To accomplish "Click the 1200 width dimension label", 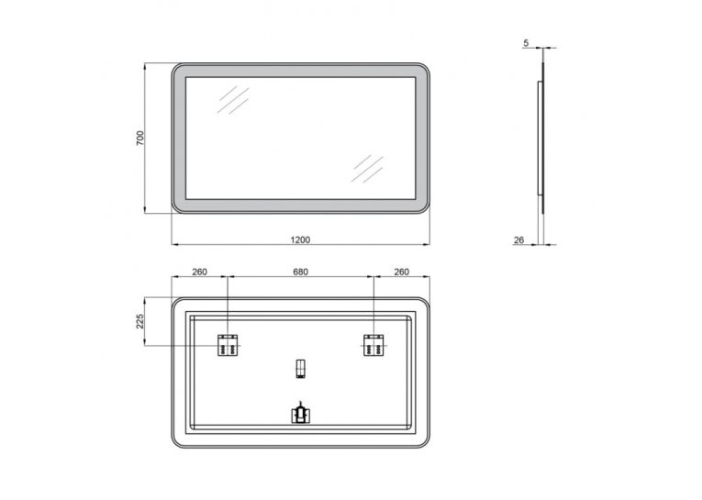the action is [300, 239].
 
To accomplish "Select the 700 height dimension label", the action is [140, 138].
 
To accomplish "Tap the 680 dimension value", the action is [300, 272].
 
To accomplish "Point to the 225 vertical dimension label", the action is [139, 321].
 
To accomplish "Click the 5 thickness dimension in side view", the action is [526, 43].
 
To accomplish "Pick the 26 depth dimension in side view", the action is [518, 240].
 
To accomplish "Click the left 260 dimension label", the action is [200, 272].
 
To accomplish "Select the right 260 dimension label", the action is [402, 272].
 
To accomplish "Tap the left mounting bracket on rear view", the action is [228, 345].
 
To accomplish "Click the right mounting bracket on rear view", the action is [373, 345].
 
